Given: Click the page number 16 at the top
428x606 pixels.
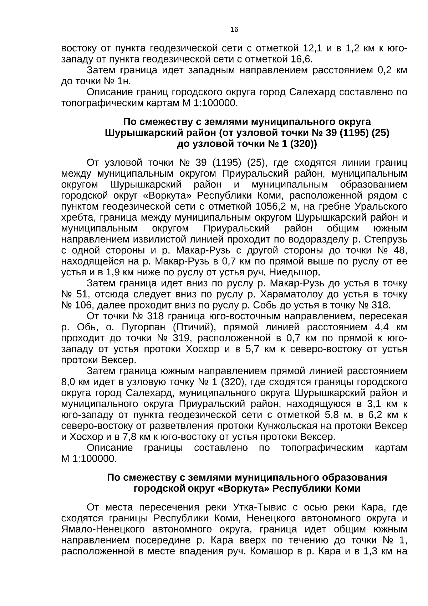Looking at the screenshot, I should [x=234, y=30].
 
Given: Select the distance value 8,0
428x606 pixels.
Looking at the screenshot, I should [x=68, y=382].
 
